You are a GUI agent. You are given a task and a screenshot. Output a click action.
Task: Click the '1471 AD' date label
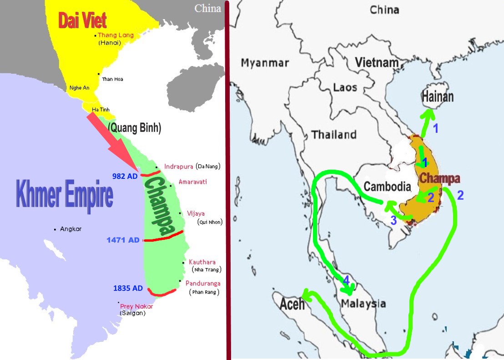coord(123,240)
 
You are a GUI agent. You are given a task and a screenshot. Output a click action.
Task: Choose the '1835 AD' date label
coord(128,288)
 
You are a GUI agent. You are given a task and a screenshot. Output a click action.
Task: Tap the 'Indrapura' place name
coord(179,166)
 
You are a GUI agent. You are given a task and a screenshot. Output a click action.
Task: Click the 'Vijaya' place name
coord(196,213)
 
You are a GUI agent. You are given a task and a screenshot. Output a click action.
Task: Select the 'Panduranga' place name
coord(203,283)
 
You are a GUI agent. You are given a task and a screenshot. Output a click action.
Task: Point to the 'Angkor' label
coord(71,229)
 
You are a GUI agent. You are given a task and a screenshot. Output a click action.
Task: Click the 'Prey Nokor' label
coord(136,306)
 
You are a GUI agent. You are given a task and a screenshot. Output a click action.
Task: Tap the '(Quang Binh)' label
coord(134,128)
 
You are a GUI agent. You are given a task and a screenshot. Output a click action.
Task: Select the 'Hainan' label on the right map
coord(437,96)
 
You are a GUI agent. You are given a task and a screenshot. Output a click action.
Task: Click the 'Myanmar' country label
coord(265,62)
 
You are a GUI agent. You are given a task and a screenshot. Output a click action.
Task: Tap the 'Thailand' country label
coord(333,135)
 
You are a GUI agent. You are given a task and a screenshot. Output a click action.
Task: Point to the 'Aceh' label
coord(292,304)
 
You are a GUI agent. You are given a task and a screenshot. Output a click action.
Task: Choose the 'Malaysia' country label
coord(363,304)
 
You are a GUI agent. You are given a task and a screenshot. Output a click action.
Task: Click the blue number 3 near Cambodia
coord(393,220)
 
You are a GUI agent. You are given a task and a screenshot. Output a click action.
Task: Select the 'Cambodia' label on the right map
coord(388,187)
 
